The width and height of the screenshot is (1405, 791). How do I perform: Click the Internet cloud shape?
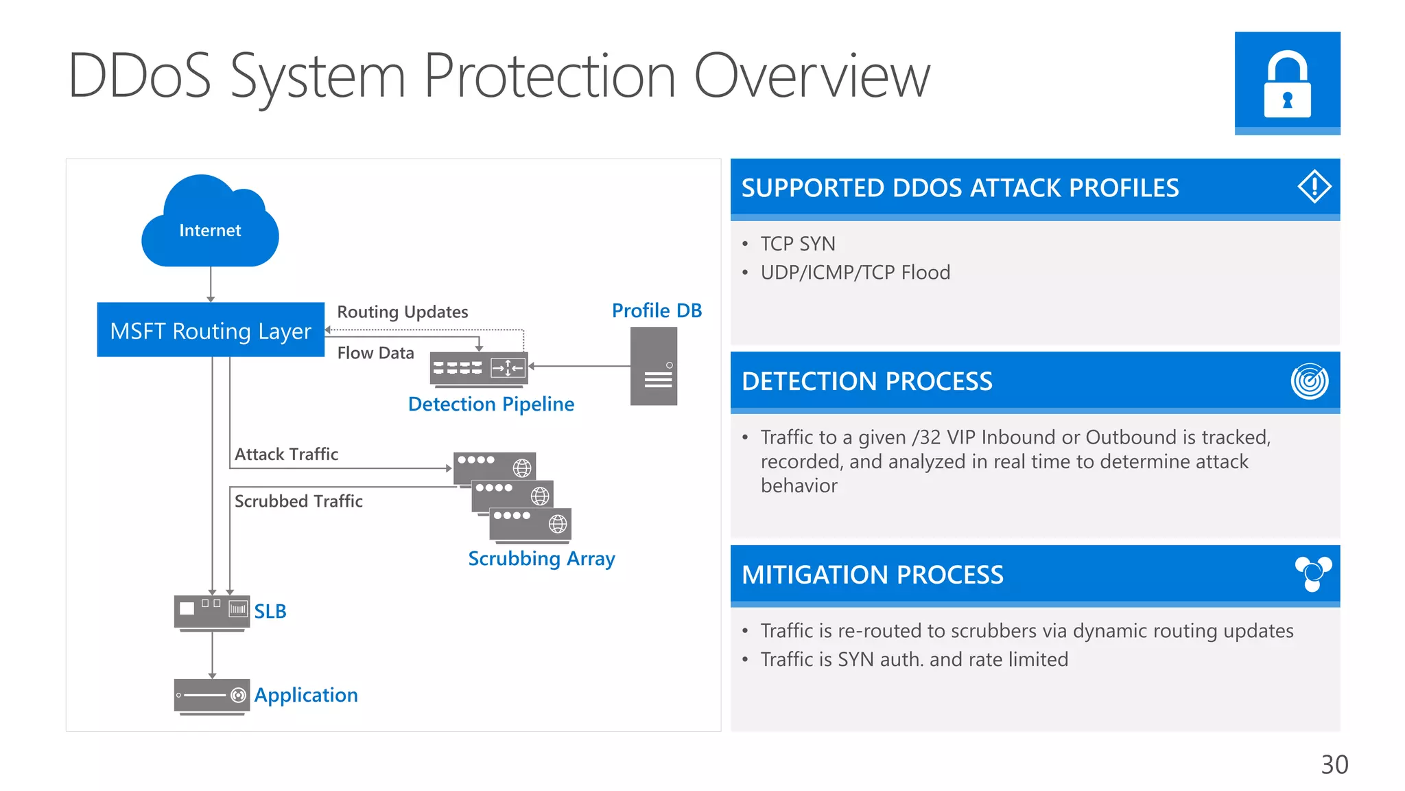click(x=210, y=223)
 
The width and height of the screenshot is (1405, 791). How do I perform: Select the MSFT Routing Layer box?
click(x=211, y=330)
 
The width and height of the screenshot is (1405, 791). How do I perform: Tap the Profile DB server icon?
click(x=653, y=366)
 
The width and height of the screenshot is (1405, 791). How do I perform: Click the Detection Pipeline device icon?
click(x=478, y=369)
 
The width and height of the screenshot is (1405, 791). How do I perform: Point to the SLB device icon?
click(x=211, y=612)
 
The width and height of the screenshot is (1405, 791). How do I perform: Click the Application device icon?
click(x=211, y=696)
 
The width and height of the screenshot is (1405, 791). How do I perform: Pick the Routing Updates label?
click(x=402, y=312)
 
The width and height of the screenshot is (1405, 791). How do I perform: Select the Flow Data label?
click(x=375, y=353)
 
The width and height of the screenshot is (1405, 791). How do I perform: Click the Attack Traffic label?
click(x=286, y=454)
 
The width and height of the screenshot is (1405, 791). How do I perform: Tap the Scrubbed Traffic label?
click(x=298, y=501)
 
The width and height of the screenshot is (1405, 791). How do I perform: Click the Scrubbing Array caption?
click(x=541, y=558)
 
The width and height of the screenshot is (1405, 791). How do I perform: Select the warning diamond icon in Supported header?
click(x=1314, y=187)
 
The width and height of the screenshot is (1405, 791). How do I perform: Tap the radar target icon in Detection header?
click(x=1309, y=381)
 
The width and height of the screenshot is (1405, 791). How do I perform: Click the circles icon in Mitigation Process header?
click(x=1312, y=573)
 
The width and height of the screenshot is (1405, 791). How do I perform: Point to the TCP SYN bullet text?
click(x=797, y=244)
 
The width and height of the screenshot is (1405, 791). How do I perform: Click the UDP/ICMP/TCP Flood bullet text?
click(x=855, y=273)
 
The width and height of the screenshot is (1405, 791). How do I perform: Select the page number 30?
click(x=1334, y=764)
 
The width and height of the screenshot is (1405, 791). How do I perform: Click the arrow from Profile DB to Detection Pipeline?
click(x=580, y=366)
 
